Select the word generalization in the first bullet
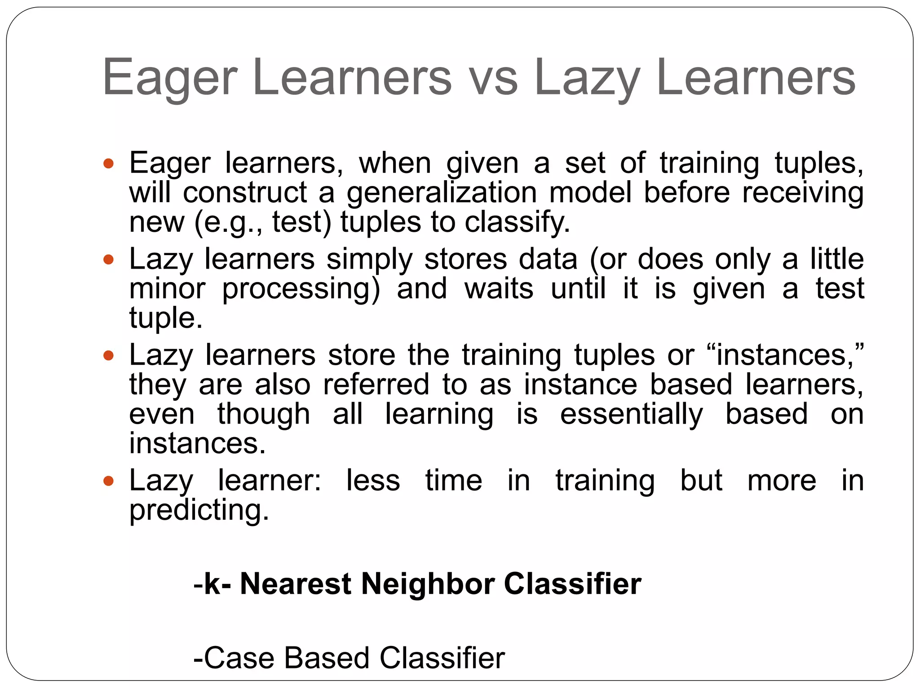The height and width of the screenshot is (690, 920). click(442, 193)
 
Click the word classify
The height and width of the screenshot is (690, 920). click(517, 222)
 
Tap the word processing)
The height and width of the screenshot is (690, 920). click(301, 289)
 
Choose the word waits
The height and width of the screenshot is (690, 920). click(499, 289)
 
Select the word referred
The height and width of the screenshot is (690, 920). click(376, 385)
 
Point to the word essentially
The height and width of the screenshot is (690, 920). click(631, 414)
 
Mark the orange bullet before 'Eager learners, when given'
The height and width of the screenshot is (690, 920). click(109, 163)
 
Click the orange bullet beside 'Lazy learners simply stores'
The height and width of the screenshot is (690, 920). click(109, 260)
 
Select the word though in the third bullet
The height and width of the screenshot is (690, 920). click(264, 414)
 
